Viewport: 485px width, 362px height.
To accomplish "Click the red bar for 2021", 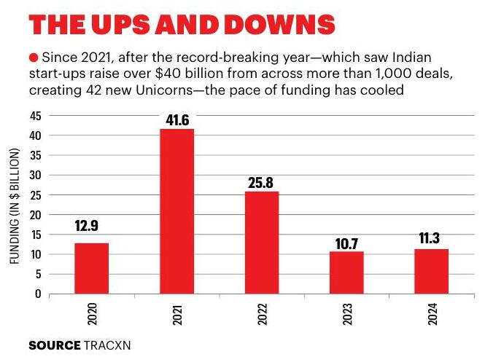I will pos(177,211).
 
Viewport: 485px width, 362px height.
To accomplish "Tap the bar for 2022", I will pos(262,243).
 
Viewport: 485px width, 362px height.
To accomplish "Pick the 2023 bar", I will pos(346,272).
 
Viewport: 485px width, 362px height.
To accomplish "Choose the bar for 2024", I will pos(431,271).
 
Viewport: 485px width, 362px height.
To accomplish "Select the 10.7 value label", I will pos(346,237).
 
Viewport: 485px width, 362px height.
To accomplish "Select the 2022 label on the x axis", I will pos(262,314).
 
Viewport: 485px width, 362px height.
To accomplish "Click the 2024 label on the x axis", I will pos(431,314).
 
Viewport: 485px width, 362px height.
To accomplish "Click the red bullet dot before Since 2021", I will pos(33,57).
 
